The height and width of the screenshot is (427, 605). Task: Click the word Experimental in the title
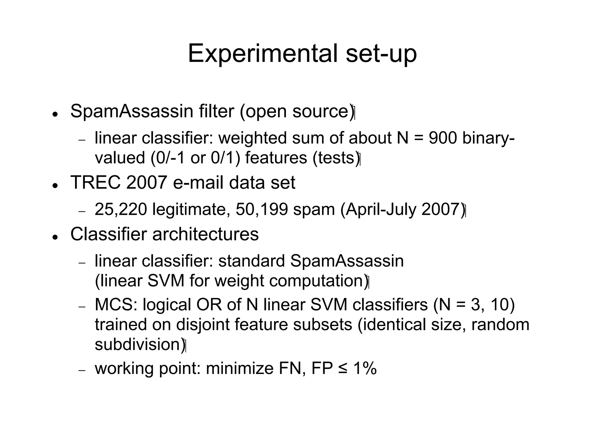[262, 54]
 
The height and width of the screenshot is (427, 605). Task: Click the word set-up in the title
[381, 54]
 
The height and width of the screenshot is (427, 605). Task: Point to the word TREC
[95, 183]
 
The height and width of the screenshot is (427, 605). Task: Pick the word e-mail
[198, 183]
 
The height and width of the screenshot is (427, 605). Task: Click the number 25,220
[121, 209]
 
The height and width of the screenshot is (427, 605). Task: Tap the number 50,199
[262, 209]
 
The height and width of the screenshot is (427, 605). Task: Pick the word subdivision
[138, 344]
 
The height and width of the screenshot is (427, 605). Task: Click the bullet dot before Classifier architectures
[54, 237]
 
